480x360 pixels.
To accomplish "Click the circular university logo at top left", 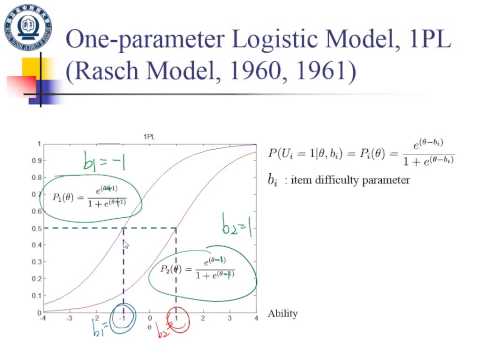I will pyautogui.click(x=25, y=26).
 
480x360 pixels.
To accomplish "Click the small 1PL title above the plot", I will pyautogui.click(x=147, y=136).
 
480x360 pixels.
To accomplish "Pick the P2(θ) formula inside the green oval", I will pyautogui.click(x=195, y=269).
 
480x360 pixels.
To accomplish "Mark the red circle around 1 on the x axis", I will pyautogui.click(x=177, y=318).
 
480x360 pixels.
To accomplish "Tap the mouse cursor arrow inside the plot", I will pyautogui.click(x=125, y=243).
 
